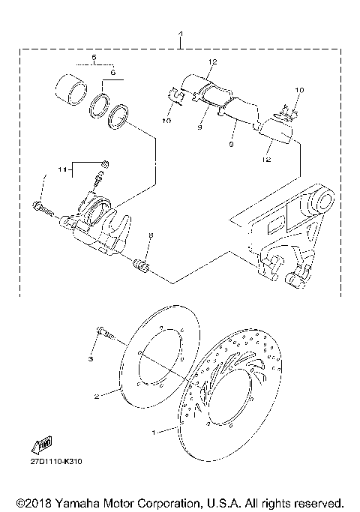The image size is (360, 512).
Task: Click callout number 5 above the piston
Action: [94, 58]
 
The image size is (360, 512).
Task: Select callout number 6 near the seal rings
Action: [113, 72]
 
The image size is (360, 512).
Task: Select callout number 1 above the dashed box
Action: [180, 34]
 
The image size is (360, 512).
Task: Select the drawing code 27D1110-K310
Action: [56, 461]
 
